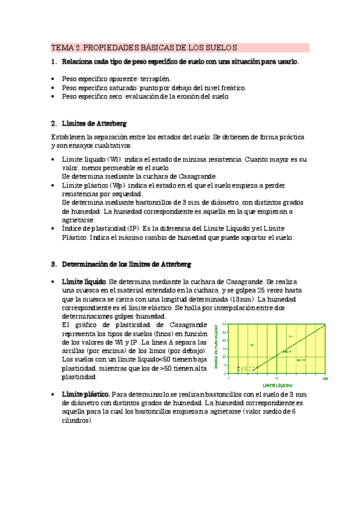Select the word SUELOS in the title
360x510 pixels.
click(x=222, y=48)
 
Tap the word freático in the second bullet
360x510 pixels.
click(x=232, y=87)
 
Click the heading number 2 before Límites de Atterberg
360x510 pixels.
click(x=53, y=123)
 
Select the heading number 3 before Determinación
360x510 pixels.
click(x=53, y=264)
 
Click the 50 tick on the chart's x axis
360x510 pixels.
click(x=276, y=378)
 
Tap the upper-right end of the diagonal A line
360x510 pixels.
click(x=325, y=325)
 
